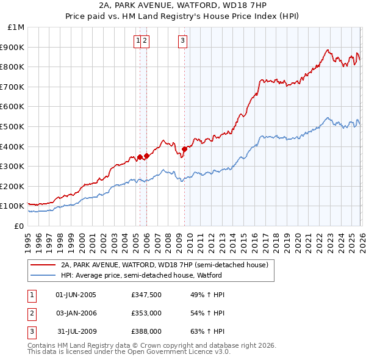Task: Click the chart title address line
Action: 183,5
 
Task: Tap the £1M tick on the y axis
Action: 16,27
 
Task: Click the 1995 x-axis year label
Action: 28,240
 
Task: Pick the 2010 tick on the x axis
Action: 190,240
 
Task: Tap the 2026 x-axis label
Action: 361,240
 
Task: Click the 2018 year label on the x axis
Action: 276,240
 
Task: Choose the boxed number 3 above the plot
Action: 183,41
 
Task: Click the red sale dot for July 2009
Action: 184,148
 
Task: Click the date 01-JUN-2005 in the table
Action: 76,295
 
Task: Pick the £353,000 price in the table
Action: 146,313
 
